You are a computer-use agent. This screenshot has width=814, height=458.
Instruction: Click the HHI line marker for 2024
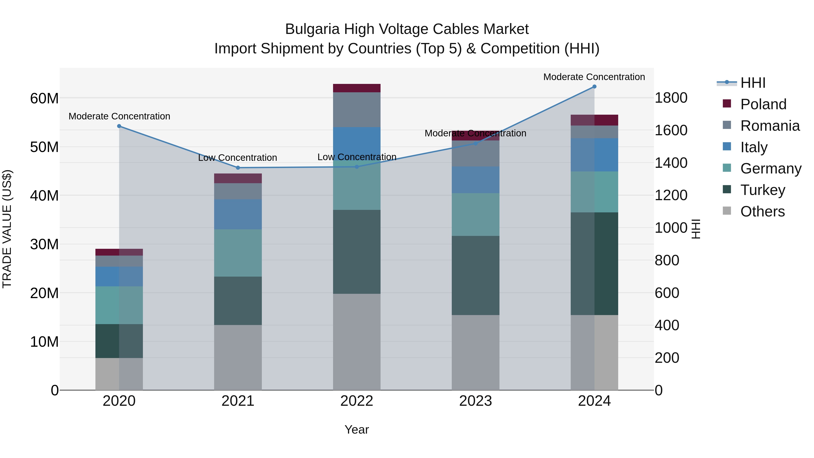point(594,87)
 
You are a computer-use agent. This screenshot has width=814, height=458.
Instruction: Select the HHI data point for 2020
point(119,126)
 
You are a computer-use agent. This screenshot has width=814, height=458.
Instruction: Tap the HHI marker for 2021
point(238,168)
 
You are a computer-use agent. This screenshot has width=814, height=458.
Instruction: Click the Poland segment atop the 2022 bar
point(357,88)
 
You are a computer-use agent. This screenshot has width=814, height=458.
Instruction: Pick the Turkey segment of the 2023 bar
point(476,275)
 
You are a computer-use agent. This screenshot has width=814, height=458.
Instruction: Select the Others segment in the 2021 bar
point(238,358)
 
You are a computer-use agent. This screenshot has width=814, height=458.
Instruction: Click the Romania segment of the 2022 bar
point(357,110)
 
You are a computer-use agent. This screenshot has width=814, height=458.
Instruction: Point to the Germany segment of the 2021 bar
point(238,253)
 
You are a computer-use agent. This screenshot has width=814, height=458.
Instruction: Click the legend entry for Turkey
point(762,190)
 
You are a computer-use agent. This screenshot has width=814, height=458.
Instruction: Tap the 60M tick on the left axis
point(44,99)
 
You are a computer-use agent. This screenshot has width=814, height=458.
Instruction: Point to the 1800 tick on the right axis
point(671,98)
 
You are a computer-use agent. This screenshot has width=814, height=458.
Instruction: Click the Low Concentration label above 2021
point(237,158)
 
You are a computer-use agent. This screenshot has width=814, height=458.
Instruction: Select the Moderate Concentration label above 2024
point(594,77)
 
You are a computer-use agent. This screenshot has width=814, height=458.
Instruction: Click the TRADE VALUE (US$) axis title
point(7,229)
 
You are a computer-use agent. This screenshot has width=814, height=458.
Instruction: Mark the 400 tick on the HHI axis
point(667,325)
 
